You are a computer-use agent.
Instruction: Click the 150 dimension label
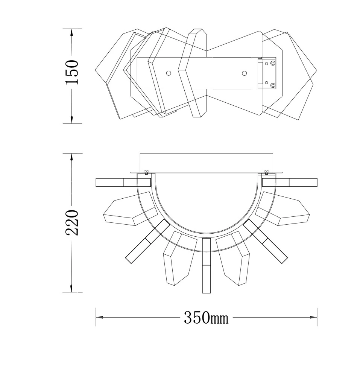tap(72, 72)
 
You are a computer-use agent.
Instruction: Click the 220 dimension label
tap(72, 222)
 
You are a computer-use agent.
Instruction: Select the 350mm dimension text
tap(206, 318)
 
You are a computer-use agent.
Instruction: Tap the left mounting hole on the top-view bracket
tap(169, 73)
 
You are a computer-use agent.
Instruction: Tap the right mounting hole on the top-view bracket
tap(245, 73)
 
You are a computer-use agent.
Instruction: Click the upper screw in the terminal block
tap(272, 63)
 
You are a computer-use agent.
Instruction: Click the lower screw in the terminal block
tap(272, 86)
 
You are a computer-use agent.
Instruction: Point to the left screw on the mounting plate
tap(146, 172)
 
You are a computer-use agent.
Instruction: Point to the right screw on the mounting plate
tap(266, 172)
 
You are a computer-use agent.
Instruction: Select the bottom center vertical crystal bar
tap(207, 265)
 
